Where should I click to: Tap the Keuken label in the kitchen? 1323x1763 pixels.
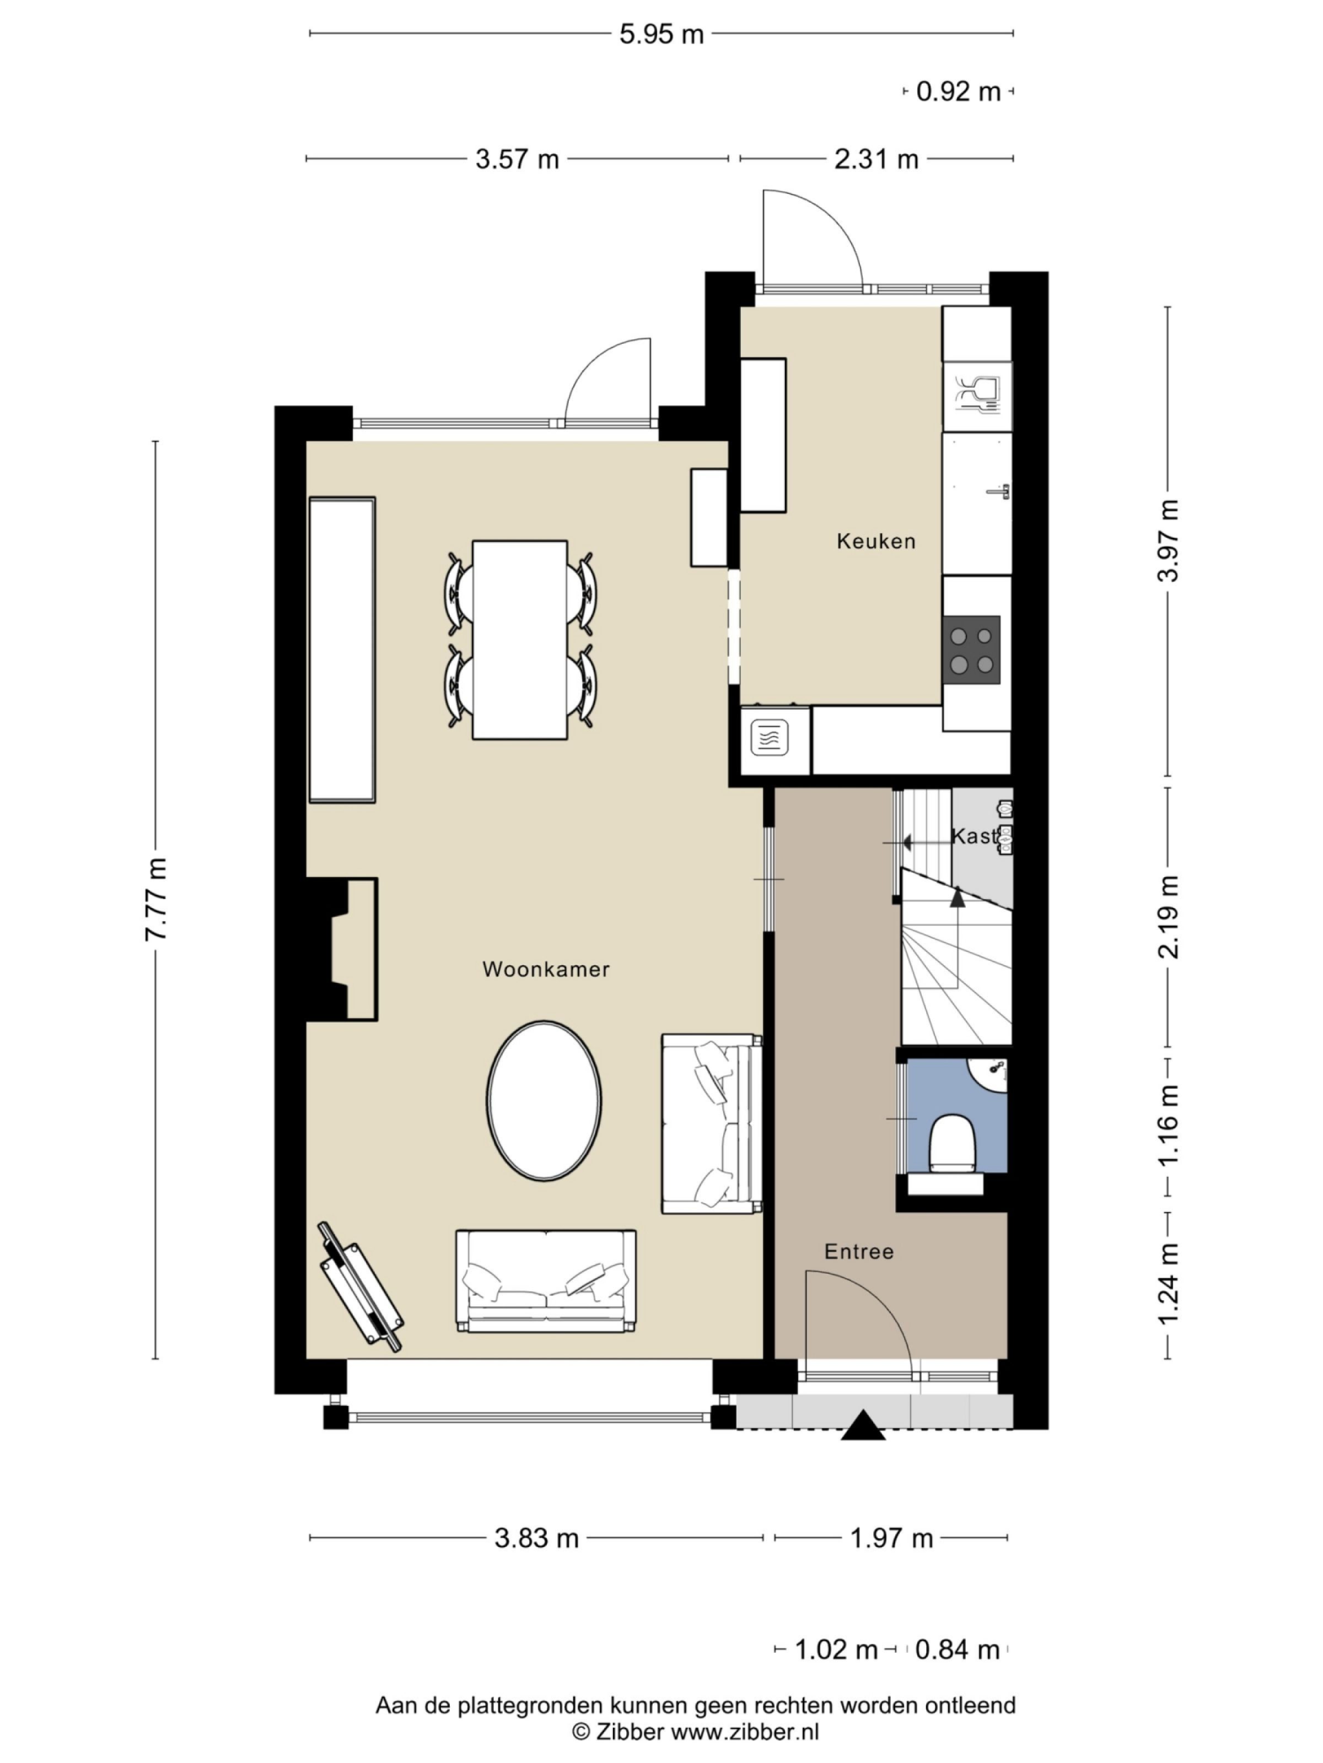(875, 541)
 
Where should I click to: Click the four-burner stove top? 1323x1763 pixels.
(971, 650)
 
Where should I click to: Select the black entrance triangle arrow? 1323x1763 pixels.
(863, 1426)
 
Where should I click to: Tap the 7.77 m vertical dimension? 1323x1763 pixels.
(157, 899)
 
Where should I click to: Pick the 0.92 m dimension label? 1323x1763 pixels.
(957, 91)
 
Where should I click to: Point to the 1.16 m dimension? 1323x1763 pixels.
(1168, 1124)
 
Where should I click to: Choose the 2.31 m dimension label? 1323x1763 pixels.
(875, 159)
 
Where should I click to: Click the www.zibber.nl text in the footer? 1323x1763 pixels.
(744, 1731)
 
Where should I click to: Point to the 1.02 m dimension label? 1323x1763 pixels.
(836, 1649)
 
